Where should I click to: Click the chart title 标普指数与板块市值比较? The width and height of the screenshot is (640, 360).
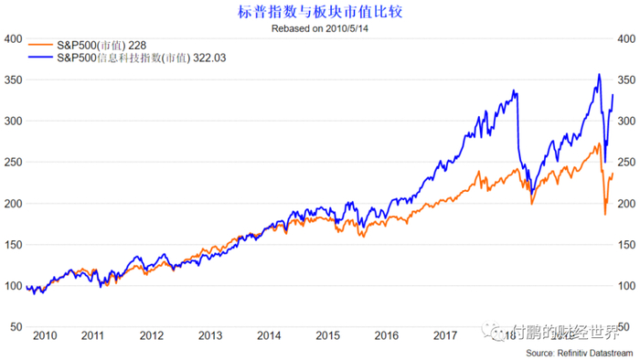point(318,12)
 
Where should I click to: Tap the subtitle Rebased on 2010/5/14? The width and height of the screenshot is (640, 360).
point(318,28)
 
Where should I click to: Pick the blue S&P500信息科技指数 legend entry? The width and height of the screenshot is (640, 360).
point(136,58)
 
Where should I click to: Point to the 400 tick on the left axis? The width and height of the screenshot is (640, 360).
point(14,38)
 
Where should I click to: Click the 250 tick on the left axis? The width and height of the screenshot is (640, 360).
point(14,162)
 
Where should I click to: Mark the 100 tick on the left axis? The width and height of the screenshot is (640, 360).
point(14,286)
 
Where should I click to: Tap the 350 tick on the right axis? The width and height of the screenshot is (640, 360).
point(626,79)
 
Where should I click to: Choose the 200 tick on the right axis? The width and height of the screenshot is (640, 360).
point(626,203)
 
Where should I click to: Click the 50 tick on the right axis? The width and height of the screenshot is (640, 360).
point(626,327)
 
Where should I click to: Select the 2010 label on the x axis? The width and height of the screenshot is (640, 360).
point(44,335)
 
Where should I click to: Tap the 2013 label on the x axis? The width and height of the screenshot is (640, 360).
point(210,335)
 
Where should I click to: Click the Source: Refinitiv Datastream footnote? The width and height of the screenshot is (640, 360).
point(571,353)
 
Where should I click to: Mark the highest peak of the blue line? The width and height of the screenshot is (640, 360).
point(599,75)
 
